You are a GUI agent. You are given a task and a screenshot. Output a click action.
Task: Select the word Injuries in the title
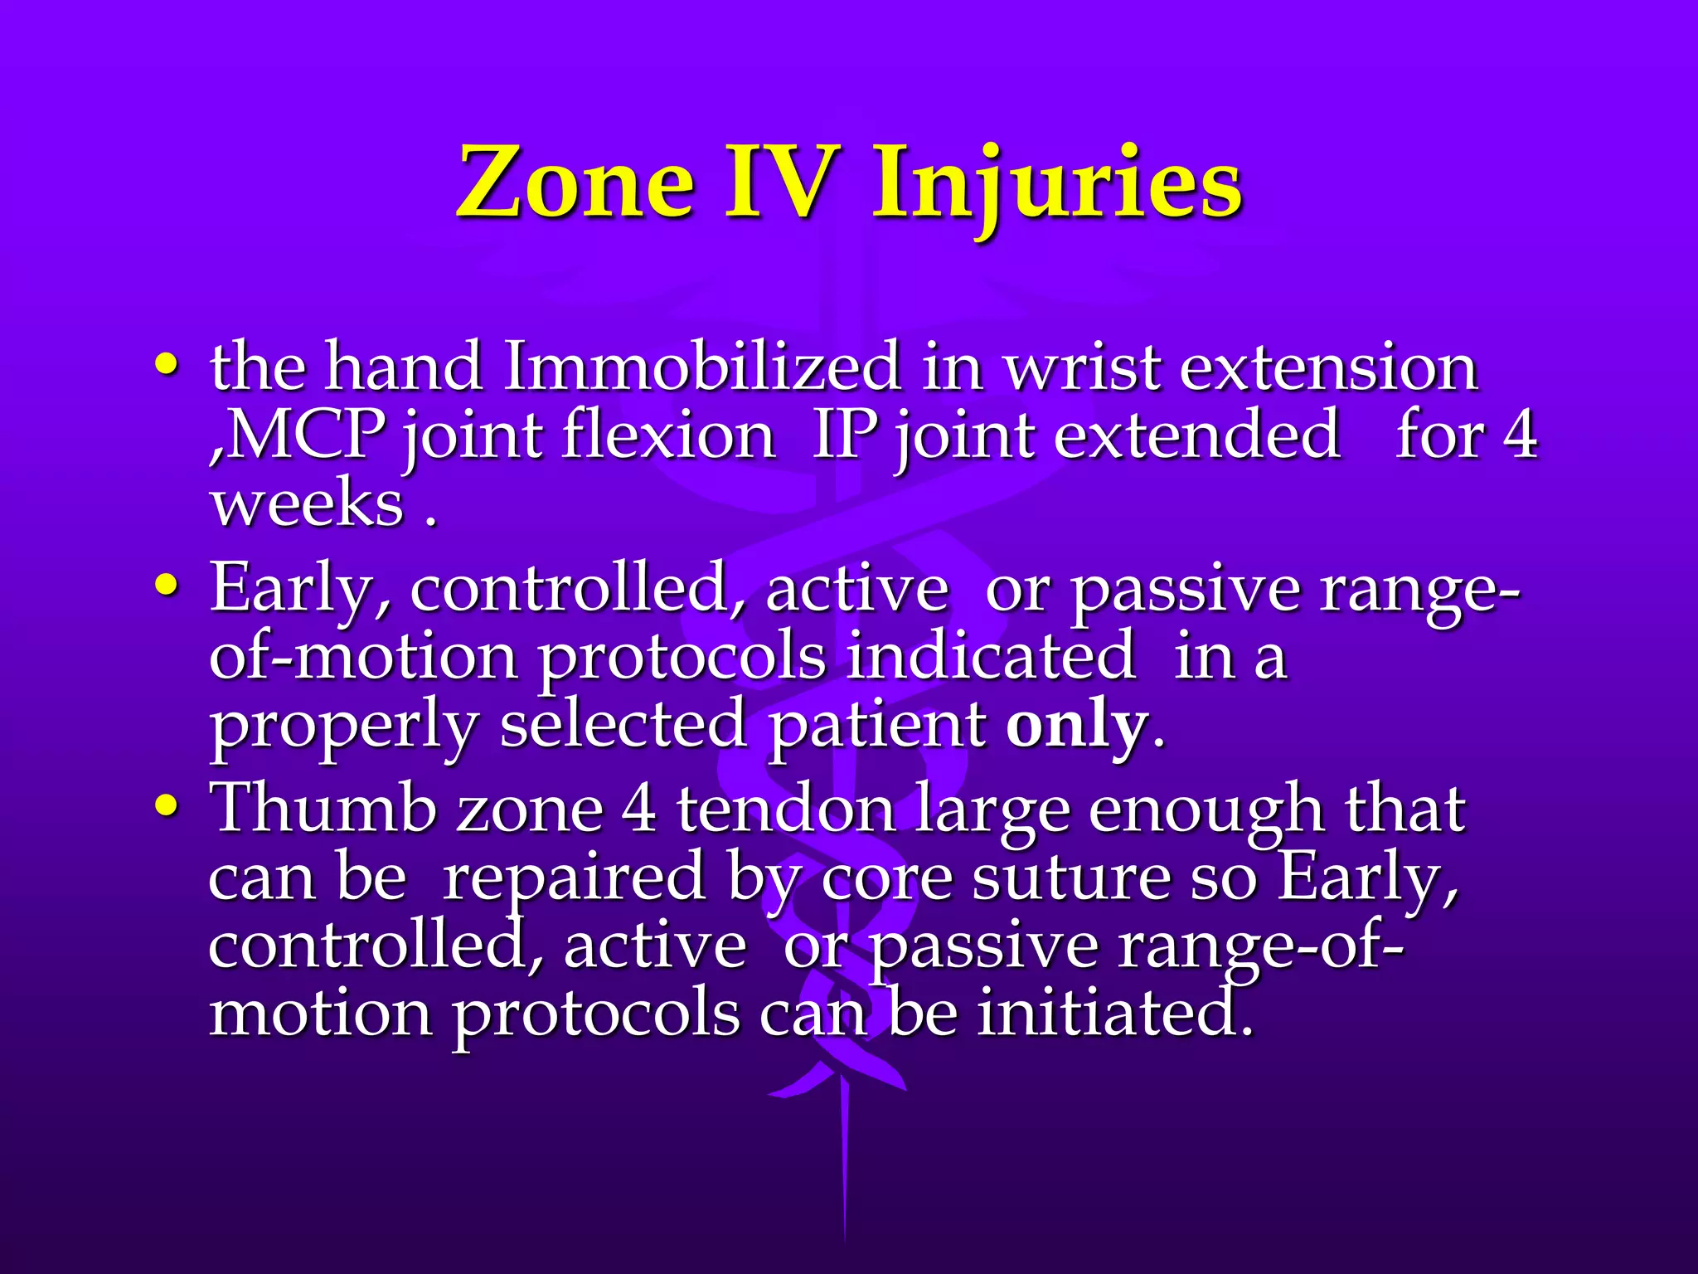coord(1057,184)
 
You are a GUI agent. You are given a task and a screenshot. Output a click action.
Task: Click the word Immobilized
coord(701,367)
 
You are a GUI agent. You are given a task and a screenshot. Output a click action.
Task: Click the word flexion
coord(667,435)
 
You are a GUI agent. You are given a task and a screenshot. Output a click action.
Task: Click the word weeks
coord(306,504)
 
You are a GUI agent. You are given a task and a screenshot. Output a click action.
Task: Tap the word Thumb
coord(323,808)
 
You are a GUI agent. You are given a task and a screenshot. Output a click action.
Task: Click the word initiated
coord(1113,1014)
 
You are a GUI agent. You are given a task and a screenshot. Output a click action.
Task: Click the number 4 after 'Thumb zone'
coord(638,808)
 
